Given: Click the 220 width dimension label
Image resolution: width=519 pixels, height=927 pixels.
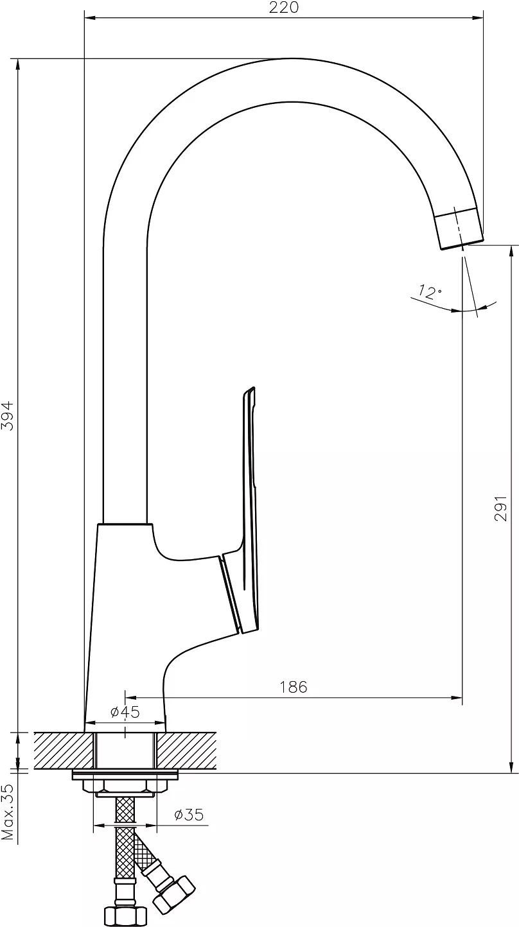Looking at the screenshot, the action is coord(283,7).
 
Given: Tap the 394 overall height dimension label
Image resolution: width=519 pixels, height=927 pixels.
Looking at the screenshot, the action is coord(8,415).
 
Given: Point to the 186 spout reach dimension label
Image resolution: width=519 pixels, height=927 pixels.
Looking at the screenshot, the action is coord(294,687).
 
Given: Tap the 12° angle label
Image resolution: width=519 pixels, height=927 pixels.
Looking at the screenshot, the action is coord(430,291).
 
